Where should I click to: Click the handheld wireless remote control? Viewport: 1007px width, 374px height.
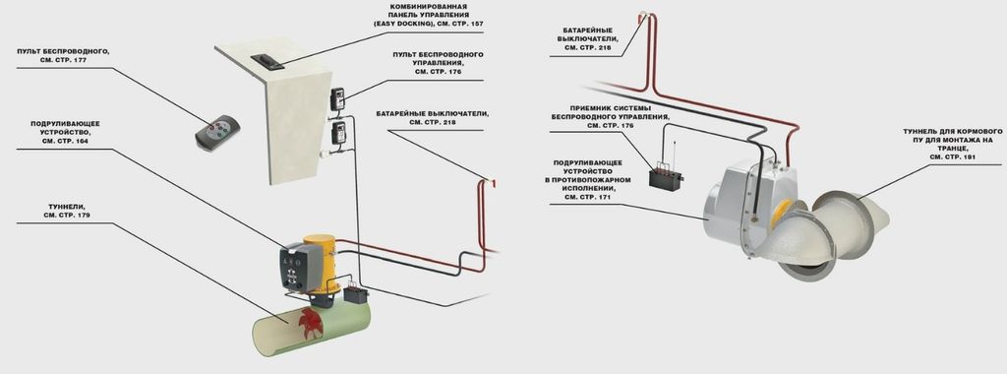(x=217, y=133)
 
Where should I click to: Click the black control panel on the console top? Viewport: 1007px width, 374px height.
(x=267, y=61)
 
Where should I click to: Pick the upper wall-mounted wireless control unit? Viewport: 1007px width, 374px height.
(x=338, y=99)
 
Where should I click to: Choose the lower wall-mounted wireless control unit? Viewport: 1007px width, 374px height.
(x=338, y=133)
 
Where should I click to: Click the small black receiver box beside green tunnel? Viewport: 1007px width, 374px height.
(x=355, y=295)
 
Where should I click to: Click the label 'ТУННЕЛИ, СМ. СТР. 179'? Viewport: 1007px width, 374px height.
(x=67, y=211)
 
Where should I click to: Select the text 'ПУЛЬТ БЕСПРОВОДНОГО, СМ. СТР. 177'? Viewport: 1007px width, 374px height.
(x=63, y=54)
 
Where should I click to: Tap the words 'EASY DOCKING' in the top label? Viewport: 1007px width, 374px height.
(x=402, y=24)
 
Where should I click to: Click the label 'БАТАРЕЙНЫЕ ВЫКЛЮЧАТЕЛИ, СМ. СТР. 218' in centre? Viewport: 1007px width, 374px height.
(x=433, y=117)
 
